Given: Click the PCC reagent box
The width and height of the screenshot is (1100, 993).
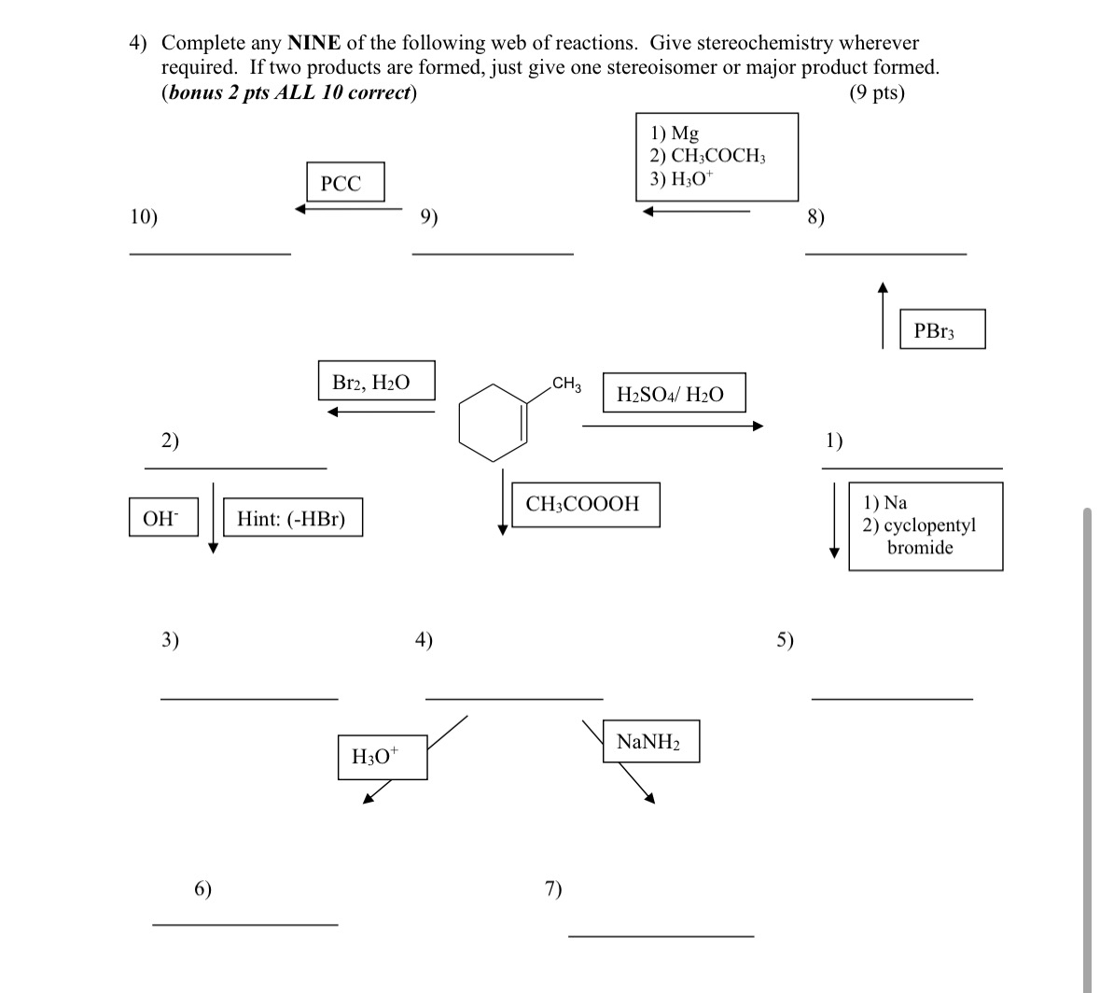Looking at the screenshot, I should tap(340, 183).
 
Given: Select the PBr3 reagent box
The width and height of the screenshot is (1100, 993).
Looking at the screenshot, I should tap(941, 329).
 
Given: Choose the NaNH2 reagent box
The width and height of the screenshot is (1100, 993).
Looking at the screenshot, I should tap(650, 742).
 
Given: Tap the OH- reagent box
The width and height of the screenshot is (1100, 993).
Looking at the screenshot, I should tap(163, 518).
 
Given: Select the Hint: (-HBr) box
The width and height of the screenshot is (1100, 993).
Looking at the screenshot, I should tap(292, 518).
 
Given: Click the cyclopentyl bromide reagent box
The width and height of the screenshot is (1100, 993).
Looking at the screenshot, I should tap(925, 526).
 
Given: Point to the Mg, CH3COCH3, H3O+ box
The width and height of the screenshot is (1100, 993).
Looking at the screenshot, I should tap(717, 156).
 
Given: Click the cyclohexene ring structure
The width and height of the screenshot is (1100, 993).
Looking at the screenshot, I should tap(493, 422).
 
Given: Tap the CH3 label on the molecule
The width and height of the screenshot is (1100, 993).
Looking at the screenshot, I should tap(566, 384).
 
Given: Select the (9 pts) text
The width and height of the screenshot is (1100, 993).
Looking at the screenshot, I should tap(877, 92).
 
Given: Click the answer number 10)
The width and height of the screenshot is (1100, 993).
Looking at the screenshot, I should tap(144, 217).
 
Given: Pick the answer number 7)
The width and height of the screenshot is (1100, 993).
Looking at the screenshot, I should tap(553, 888).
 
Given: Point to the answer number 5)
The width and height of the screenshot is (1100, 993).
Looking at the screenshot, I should tap(786, 639).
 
